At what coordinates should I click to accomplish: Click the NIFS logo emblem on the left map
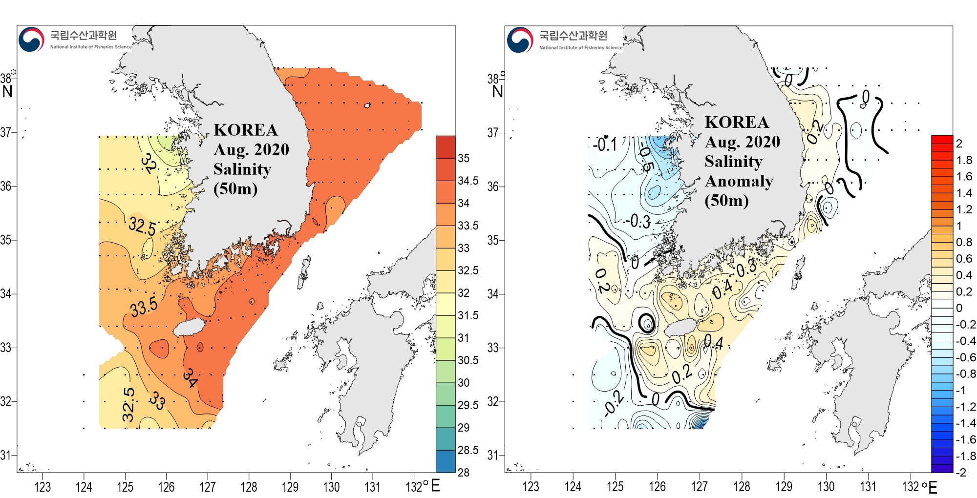(31, 40)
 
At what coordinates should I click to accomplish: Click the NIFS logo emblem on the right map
(520, 40)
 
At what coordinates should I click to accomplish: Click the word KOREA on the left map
(245, 130)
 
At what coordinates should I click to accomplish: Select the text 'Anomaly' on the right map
(739, 181)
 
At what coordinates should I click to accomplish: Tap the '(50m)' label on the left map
(235, 188)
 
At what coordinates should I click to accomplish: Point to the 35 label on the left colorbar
(464, 158)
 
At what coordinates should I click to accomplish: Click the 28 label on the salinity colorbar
(464, 472)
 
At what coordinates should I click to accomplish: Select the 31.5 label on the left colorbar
(467, 315)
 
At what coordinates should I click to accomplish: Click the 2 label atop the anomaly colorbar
(959, 144)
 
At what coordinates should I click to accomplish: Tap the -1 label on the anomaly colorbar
(960, 391)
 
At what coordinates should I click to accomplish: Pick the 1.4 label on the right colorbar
(964, 193)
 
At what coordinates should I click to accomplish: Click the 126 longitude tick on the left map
(166, 487)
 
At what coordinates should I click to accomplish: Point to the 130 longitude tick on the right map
(826, 487)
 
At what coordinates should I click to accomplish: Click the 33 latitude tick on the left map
(6, 348)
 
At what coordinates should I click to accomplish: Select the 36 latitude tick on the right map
(493, 187)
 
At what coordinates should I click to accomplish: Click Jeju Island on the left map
(188, 328)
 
